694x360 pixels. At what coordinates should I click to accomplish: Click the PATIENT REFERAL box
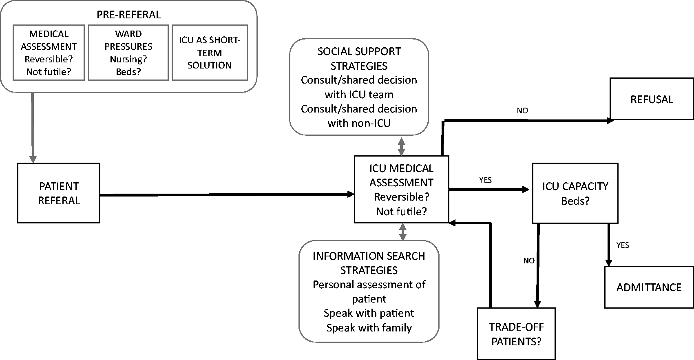pos(59,193)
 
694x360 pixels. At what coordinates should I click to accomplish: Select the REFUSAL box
pos(652,99)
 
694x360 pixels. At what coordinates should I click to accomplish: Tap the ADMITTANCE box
pos(649,287)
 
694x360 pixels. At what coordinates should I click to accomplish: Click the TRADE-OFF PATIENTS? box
pos(516,333)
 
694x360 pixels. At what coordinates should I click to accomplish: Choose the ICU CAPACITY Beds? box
pos(575,193)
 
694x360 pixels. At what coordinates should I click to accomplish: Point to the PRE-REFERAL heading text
pos(128,15)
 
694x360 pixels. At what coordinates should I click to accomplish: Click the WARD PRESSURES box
pos(128,53)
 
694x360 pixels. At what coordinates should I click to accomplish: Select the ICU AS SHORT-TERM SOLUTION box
pos(210,53)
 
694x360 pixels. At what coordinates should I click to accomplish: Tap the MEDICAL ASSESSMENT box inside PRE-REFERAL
pos(49,53)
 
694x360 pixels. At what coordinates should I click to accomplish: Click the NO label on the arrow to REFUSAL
pos(522,110)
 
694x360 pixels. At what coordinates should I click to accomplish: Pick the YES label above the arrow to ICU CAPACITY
pos(485,180)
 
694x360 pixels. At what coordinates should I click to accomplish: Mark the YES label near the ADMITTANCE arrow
pos(623,245)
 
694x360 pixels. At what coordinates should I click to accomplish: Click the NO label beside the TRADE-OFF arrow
pos(529,261)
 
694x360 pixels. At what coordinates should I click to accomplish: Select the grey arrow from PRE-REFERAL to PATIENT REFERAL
pos(33,128)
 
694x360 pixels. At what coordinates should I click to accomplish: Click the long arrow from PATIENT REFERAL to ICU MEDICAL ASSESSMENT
pos(227,194)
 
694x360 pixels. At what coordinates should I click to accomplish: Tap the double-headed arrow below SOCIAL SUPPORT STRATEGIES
pos(401,146)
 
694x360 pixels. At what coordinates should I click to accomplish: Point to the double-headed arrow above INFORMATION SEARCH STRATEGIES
pos(402,232)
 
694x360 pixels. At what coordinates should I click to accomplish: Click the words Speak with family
pos(369,327)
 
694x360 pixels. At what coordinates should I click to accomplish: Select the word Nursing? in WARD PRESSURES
pos(128,59)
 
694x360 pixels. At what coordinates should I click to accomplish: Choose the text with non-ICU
pos(359,123)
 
